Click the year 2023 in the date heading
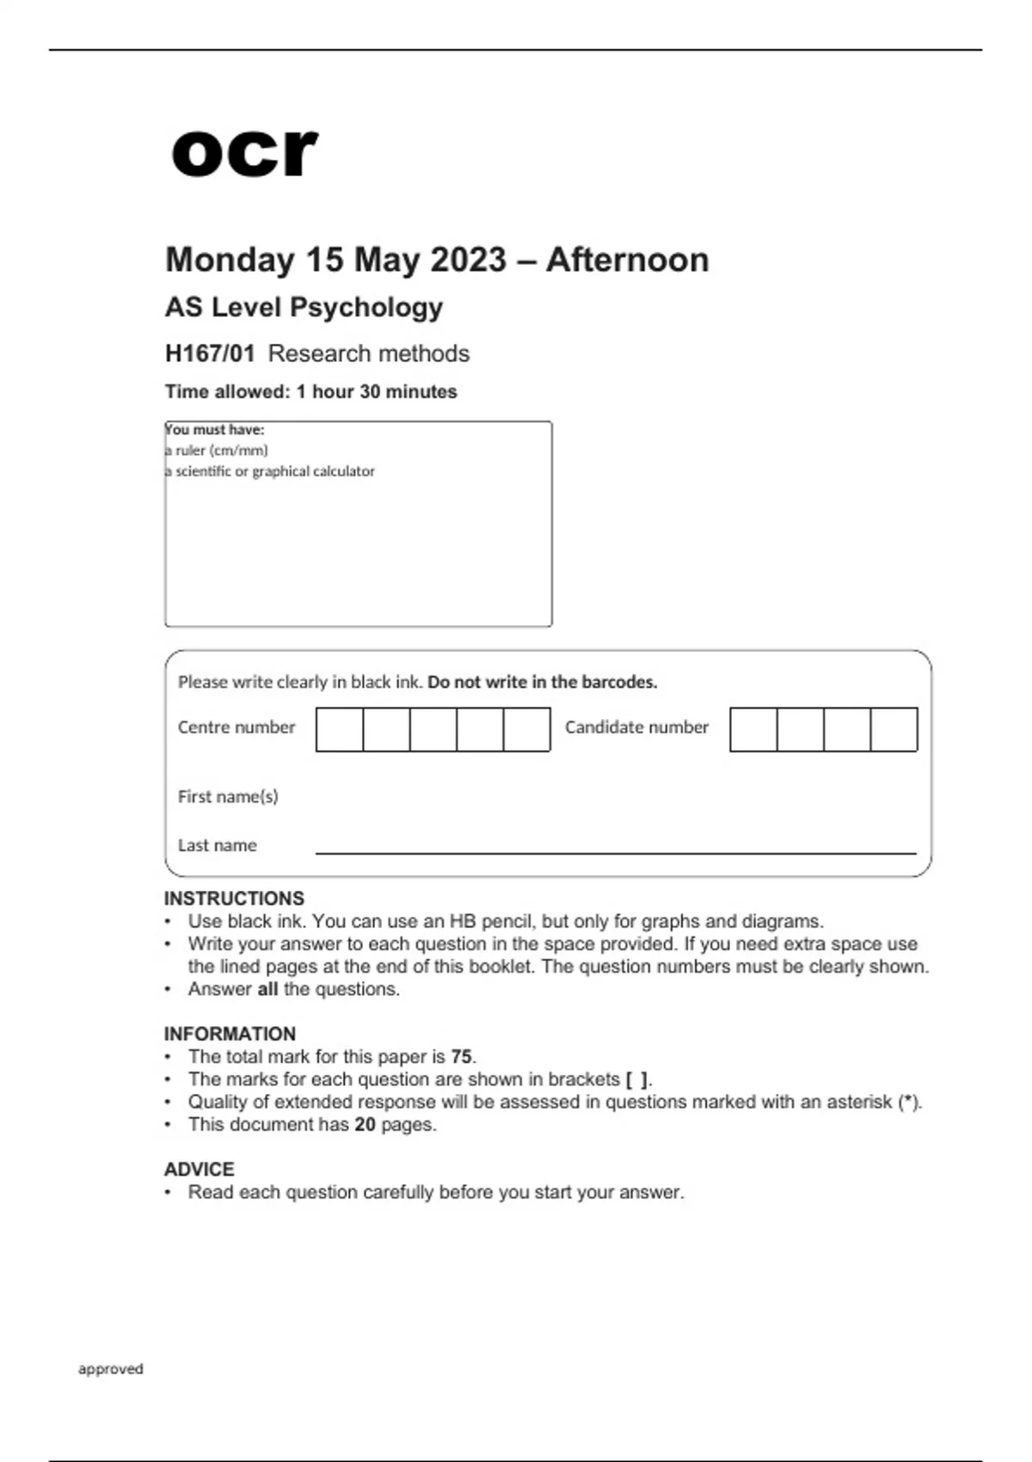468,260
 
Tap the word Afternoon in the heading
627,260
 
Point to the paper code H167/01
210,353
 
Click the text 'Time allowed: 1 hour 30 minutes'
310,392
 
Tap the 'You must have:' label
215,429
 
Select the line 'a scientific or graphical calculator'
270,471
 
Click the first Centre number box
340,729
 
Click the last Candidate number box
894,729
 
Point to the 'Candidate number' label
636,728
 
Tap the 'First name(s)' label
228,797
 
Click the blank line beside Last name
615,850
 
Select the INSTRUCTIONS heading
234,899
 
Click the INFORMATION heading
230,1034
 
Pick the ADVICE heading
200,1170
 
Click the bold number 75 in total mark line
461,1057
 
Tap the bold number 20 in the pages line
365,1125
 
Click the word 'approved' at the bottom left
111,1369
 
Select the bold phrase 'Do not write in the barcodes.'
542,682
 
